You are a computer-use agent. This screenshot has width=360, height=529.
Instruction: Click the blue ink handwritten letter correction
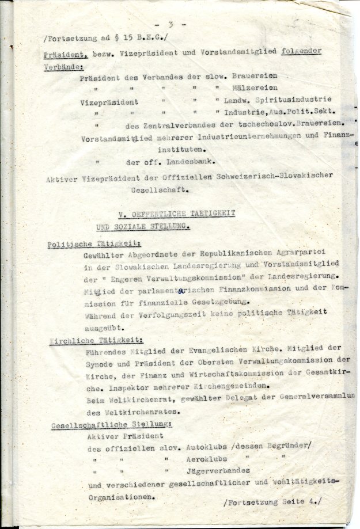click(180, 291)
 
